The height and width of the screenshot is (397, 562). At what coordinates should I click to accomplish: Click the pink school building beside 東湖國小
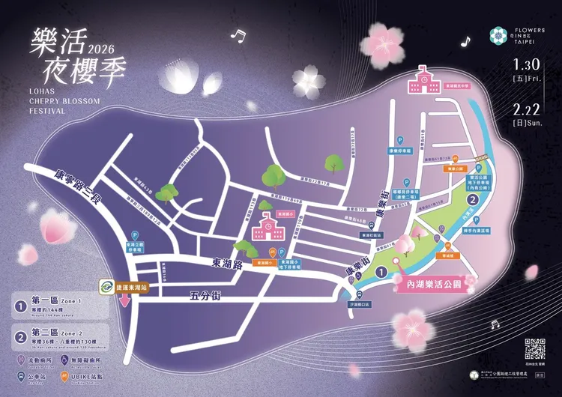(268, 224)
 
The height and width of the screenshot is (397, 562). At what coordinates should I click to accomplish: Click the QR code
(534, 349)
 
